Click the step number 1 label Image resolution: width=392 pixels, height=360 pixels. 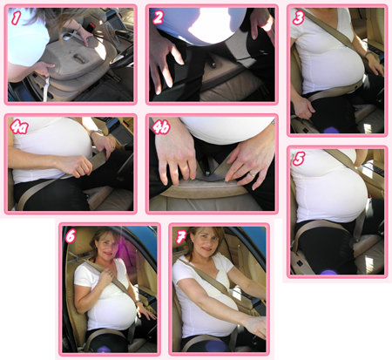pos(16,18)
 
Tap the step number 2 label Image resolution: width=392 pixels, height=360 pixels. pos(158,17)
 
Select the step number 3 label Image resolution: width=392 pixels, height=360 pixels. pos(299,17)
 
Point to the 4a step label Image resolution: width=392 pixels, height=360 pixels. pos(19,126)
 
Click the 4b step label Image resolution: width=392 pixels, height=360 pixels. pos(160,126)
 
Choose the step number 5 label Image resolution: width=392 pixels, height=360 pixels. pos(299,159)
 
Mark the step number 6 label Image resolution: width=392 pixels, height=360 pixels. pos(71,235)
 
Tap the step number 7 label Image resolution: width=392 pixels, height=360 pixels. pos(181,237)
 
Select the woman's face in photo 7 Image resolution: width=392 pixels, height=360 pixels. pos(206,241)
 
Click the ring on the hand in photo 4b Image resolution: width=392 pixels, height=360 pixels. pos(252,173)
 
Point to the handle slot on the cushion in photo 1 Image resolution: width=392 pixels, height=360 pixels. pos(79,58)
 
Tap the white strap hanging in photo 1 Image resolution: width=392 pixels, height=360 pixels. pos(45,87)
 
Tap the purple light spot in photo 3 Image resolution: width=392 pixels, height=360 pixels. pos(331,130)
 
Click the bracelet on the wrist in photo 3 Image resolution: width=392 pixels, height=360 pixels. pos(368,54)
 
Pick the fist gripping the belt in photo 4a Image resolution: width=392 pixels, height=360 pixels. pos(75,166)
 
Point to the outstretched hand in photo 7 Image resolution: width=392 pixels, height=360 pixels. pos(256,326)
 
